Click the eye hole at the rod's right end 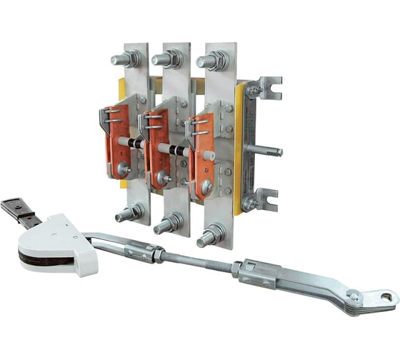point(386,295)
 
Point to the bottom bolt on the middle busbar point(169,224)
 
